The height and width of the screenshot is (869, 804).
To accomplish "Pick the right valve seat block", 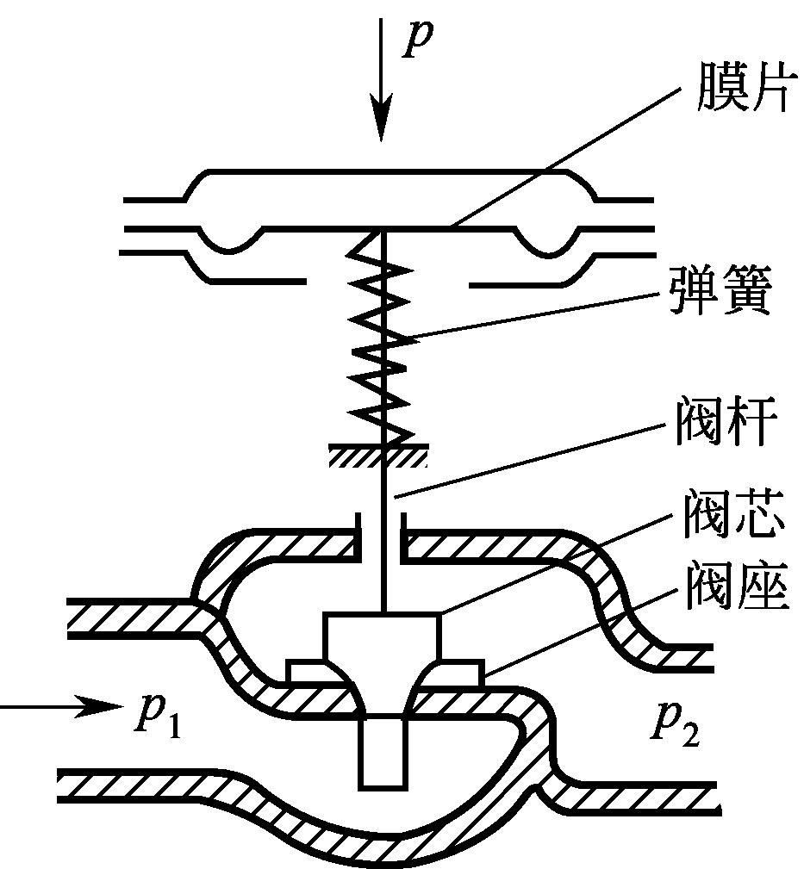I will click(x=458, y=670).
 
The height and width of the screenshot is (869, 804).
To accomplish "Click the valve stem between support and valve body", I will click(x=383, y=543).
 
